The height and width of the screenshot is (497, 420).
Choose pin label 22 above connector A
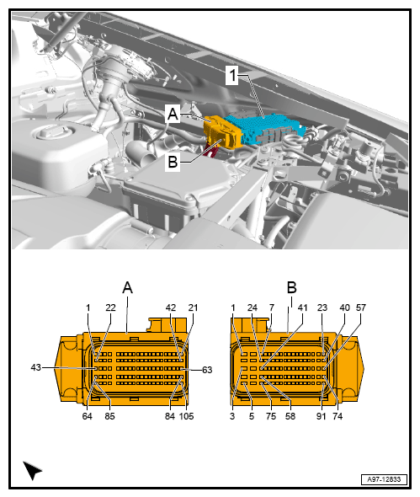(110, 307)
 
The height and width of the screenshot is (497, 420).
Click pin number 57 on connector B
(361, 307)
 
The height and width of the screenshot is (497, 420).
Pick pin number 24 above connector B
(252, 307)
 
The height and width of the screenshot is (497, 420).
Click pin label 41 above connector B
(302, 307)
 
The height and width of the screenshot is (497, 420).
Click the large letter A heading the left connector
(128, 287)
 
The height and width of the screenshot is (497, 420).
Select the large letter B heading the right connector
(291, 287)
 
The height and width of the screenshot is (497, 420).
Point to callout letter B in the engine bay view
(173, 162)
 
